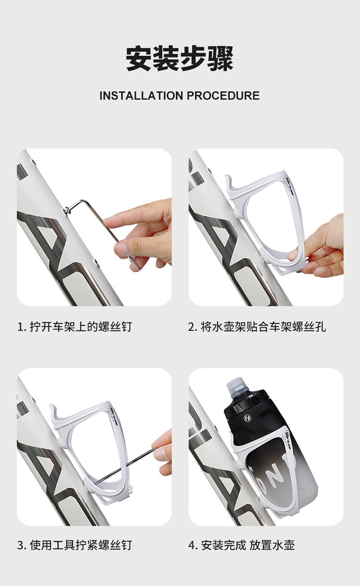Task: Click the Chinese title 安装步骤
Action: pyautogui.click(x=180, y=59)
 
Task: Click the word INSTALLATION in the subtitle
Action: pyautogui.click(x=141, y=96)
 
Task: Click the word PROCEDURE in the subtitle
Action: pyautogui.click(x=223, y=96)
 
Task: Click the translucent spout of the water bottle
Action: pyautogui.click(x=235, y=385)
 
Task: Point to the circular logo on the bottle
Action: pyautogui.click(x=247, y=418)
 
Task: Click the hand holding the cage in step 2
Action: pyautogui.click(x=318, y=248)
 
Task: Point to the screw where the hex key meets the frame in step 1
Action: pyautogui.click(x=68, y=209)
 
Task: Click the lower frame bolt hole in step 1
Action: pyautogui.click(x=97, y=262)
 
